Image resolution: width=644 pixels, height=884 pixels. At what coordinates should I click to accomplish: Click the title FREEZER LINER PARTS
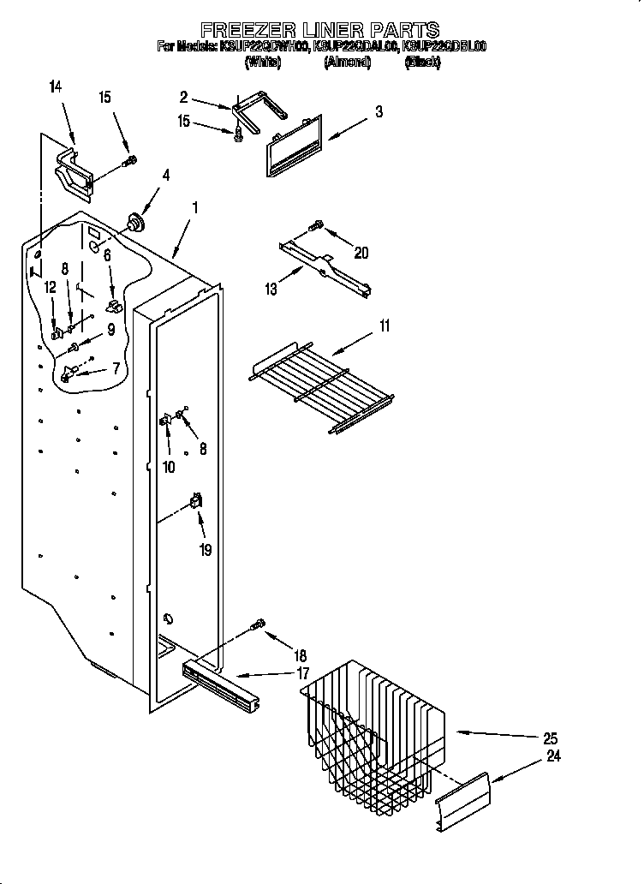[319, 30]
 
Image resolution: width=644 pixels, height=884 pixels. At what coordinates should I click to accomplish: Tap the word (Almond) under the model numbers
[347, 62]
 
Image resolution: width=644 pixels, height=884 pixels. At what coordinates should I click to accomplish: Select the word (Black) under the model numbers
[422, 62]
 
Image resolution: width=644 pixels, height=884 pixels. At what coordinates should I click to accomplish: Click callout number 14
[56, 86]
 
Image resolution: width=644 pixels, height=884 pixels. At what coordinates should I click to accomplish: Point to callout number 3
[379, 111]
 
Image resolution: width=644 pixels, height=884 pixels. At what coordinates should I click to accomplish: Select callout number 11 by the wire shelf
[385, 325]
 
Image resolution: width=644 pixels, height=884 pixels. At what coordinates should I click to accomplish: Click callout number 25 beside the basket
[549, 738]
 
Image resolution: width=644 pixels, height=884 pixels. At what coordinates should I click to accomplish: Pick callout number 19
[206, 551]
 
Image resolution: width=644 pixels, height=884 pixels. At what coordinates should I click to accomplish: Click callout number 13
[271, 290]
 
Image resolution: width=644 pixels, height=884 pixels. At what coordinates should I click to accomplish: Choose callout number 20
[361, 252]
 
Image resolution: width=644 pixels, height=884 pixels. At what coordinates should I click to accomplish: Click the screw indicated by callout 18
[258, 625]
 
